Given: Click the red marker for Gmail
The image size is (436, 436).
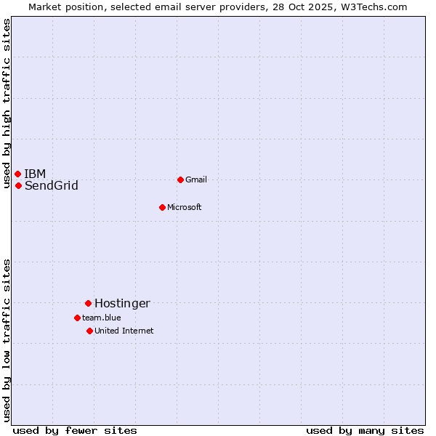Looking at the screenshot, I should (180, 179).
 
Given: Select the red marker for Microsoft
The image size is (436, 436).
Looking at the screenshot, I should (163, 207).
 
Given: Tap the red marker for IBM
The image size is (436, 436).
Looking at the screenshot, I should (17, 174).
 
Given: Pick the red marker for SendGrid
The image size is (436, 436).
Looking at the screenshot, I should (18, 185).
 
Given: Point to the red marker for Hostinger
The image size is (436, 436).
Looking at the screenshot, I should (88, 303).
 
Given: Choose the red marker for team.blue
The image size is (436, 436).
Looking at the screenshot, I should (77, 318).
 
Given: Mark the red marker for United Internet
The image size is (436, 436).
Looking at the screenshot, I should (89, 331).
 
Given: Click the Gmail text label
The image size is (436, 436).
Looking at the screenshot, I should (196, 179).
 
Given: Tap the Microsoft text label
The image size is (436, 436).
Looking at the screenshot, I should (184, 207).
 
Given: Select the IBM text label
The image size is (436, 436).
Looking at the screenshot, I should (35, 174).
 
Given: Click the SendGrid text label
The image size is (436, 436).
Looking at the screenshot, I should (51, 185).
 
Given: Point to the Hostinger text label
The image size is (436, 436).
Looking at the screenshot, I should (122, 303).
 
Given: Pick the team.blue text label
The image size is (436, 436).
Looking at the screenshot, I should (101, 318).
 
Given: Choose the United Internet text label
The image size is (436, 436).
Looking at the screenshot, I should (124, 331).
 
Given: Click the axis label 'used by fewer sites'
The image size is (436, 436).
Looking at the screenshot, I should (75, 430).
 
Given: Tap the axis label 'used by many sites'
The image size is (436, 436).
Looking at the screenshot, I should (365, 430).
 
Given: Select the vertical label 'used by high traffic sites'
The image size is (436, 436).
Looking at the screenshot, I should (7, 104).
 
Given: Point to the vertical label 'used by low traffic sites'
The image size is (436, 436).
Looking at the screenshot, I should (7, 340).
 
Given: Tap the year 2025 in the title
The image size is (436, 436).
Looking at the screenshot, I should (318, 7).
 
